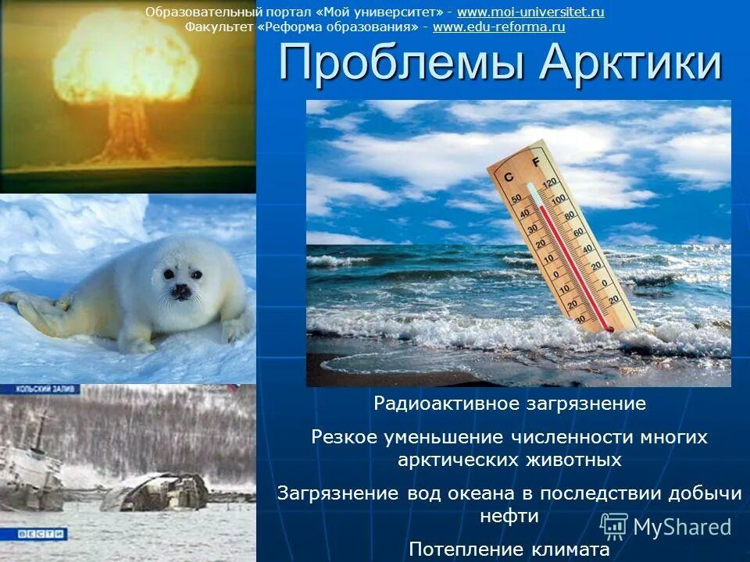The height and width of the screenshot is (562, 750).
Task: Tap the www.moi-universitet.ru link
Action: click(x=530, y=12)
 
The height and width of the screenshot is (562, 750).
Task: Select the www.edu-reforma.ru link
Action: click(x=498, y=27)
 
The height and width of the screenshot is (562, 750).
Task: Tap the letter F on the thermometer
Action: click(x=535, y=162)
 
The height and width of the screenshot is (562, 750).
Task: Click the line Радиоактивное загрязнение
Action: click(x=509, y=404)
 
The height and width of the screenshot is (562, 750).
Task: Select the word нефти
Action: click(x=509, y=516)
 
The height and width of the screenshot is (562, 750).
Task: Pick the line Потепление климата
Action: click(x=509, y=549)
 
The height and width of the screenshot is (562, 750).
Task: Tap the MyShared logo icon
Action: click(x=613, y=527)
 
